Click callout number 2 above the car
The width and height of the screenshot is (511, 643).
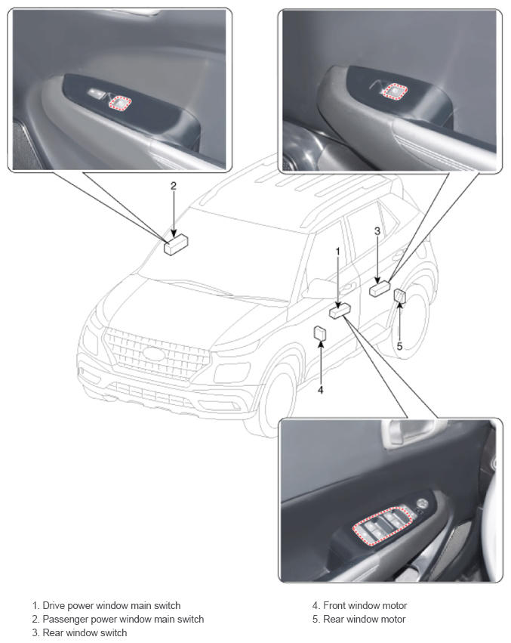174,186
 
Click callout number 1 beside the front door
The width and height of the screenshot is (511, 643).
338,252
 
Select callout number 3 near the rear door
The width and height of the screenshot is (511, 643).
377,231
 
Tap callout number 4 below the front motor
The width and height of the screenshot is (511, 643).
321,390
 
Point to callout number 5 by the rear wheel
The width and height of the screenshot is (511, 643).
399,347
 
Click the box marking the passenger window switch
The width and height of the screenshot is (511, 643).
176,244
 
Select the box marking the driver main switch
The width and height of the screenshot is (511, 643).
340,311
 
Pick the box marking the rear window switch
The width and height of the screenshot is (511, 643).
380,289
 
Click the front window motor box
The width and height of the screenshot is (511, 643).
319,333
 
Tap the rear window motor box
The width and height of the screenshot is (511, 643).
400,296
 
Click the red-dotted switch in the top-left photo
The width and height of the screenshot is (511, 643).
120,104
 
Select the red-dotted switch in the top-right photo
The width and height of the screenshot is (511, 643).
394,91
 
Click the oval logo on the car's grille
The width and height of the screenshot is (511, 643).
153,353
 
